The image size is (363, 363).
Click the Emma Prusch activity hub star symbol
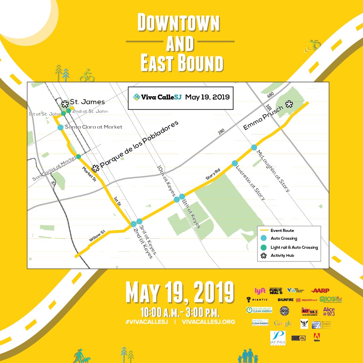pyautogui.click(x=289, y=104)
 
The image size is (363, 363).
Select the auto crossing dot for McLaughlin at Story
pyautogui.click(x=254, y=147)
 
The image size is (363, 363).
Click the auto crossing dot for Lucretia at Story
pyautogui.click(x=235, y=163)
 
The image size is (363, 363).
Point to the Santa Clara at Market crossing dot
pyautogui.click(x=61, y=127)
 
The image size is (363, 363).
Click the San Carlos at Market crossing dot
pyautogui.click(x=78, y=156)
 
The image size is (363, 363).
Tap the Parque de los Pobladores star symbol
pyautogui.click(x=95, y=167)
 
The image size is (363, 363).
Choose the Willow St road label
pyautogui.click(x=97, y=236)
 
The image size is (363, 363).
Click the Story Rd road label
pyautogui.click(x=213, y=175)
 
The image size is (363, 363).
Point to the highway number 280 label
pyautogui.click(x=221, y=131)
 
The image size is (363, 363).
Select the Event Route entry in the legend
pyautogui.click(x=282, y=231)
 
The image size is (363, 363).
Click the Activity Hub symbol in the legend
pyautogui.click(x=264, y=255)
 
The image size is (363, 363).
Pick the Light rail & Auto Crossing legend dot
pyautogui.click(x=264, y=247)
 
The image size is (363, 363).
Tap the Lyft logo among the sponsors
pyautogui.click(x=260, y=291)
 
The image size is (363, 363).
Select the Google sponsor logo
pyautogui.click(x=283, y=324)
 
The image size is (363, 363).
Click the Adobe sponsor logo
pyautogui.click(x=316, y=337)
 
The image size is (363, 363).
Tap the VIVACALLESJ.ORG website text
pyautogui.click(x=208, y=322)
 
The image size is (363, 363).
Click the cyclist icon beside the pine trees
pyautogui.click(x=87, y=75)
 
